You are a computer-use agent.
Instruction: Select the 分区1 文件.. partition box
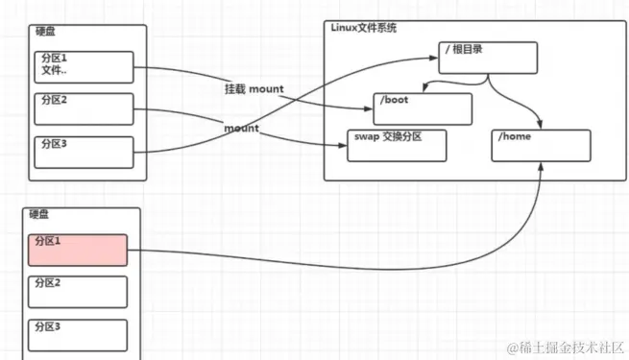pos(83,67)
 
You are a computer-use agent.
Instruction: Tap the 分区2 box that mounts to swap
pos(83,108)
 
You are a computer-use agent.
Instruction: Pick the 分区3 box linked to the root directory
pos(83,151)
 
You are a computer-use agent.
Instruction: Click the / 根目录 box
pos(486,58)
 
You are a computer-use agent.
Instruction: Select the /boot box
pos(423,108)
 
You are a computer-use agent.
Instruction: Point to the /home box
pos(541,145)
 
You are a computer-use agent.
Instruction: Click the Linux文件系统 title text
pos(364,28)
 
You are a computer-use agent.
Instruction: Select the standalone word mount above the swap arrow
pos(243,127)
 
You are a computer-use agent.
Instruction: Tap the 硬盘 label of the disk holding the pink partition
pos(39,214)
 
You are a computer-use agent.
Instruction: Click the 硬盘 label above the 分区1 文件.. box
pos(43,33)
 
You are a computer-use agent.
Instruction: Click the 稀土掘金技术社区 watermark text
pos(569,345)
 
